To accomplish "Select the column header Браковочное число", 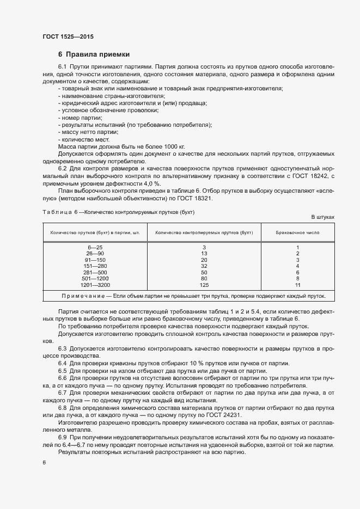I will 298,232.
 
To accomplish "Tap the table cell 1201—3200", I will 95,285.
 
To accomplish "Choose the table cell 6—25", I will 95,247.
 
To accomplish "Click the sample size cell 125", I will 204,285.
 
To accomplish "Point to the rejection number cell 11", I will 298,285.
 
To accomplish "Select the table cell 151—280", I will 95,266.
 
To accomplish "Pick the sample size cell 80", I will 204,278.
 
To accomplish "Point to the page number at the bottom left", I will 44,463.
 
